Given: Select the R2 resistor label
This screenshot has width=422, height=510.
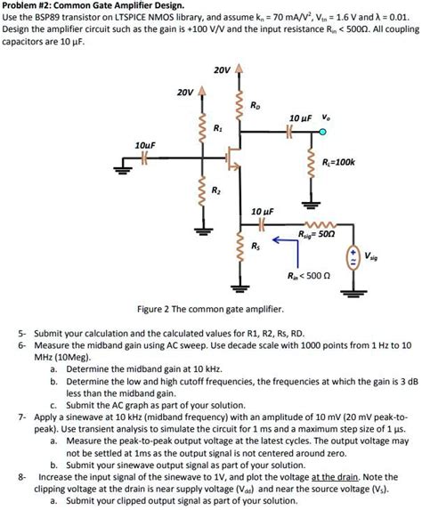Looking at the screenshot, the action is pos(216,189).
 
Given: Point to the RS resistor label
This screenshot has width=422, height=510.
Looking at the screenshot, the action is pos(256,245).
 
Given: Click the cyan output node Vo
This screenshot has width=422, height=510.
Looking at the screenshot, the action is pos(323,133).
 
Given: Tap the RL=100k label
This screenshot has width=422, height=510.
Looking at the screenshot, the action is pos(338,161).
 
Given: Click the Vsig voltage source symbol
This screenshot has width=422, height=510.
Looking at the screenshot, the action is pos(354,257).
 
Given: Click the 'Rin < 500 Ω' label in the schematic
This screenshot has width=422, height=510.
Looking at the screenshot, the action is pos(307,277).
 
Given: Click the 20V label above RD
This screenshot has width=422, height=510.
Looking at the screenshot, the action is pos(223,69).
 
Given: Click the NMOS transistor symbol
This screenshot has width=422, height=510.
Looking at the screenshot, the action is pos(234,159).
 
